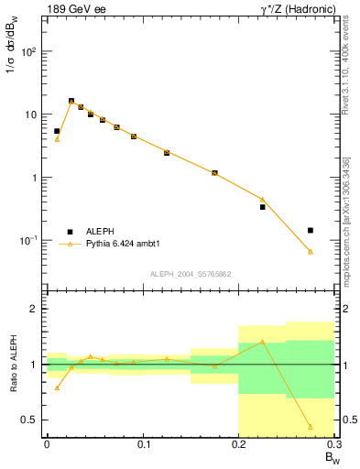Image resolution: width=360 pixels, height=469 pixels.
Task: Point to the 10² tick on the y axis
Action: [x=29, y=51]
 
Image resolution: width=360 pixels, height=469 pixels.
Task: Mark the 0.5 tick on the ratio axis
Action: [x=31, y=420]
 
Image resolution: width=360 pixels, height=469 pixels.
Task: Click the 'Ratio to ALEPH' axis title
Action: [x=13, y=364]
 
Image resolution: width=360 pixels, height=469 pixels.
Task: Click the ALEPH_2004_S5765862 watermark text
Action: [x=190, y=274]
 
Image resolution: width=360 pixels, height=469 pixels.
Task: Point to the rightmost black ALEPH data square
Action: [x=311, y=230]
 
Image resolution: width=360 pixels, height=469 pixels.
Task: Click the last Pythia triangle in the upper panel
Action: [x=311, y=251]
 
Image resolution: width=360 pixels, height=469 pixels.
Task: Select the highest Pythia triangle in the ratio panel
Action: [x=263, y=342]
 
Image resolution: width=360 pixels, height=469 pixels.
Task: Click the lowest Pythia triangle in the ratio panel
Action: [x=311, y=427]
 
